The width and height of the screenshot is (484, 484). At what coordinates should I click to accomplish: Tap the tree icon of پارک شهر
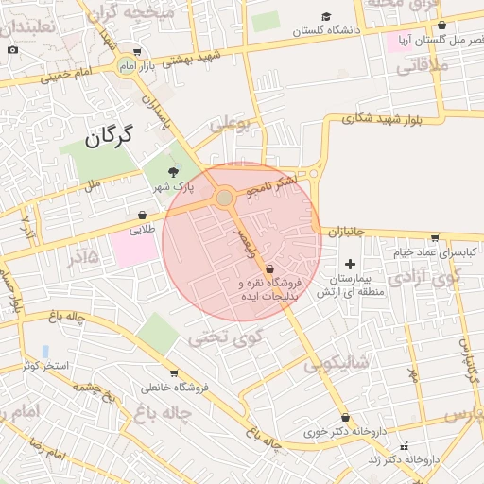click(172, 171)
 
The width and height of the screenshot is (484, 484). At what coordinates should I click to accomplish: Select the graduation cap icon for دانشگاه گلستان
click(326, 16)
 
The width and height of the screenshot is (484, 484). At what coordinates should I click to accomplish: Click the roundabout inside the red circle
click(224, 199)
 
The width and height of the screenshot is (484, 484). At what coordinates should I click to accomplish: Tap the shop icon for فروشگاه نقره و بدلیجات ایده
click(269, 268)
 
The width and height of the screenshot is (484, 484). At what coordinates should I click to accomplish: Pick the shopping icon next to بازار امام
click(138, 53)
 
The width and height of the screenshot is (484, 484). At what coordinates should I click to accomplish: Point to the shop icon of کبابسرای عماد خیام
click(434, 238)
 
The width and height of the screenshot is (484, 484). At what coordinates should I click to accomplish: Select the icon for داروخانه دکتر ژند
click(405, 445)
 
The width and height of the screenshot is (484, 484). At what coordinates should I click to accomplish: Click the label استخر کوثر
click(45, 364)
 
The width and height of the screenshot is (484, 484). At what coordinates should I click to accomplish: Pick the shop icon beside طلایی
click(142, 215)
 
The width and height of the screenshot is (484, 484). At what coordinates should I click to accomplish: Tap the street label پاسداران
click(155, 110)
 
